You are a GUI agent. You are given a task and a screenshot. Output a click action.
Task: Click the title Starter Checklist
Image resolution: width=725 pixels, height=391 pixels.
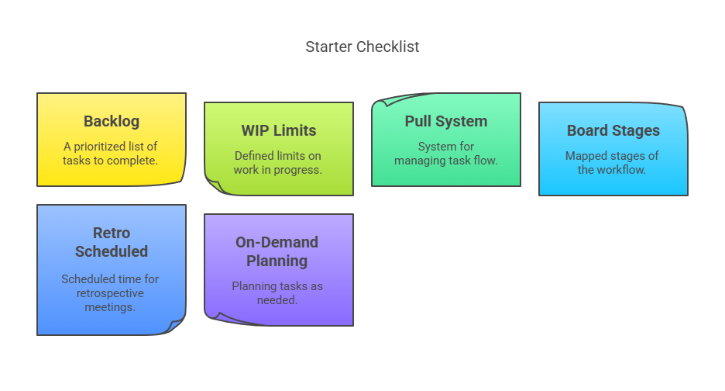362,47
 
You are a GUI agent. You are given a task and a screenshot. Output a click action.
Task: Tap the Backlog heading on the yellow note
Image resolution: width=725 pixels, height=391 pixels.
112,121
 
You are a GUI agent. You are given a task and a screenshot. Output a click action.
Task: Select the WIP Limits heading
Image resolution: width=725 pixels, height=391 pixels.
279,130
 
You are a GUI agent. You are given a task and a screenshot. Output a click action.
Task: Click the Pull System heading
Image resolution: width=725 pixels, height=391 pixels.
446,121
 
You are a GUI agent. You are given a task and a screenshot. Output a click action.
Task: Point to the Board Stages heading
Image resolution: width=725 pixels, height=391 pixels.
613,130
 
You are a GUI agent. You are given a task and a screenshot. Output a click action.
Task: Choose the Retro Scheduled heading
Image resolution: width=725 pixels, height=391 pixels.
112,242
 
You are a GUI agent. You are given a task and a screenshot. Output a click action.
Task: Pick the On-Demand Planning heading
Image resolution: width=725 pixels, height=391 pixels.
277,251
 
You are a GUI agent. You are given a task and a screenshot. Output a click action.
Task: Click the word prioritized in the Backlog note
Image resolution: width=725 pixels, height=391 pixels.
100,147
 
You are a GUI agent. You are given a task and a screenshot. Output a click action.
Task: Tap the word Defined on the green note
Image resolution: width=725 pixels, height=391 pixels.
253,156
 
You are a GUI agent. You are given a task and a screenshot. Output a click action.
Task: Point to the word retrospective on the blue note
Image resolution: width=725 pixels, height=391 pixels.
110,293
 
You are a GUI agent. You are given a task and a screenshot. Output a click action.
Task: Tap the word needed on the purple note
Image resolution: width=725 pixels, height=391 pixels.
277,300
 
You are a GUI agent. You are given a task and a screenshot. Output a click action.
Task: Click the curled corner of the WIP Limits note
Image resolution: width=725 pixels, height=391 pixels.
215,186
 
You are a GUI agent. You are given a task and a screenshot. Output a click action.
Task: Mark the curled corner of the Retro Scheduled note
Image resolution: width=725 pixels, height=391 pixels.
176,325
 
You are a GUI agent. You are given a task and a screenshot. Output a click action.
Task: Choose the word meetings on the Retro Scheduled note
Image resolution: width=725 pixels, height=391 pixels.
110,307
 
